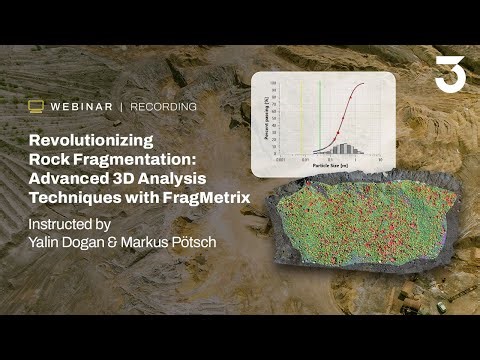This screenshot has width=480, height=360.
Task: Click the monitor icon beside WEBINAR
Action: point(36,106)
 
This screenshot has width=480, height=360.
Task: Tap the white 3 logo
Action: point(446,75)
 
